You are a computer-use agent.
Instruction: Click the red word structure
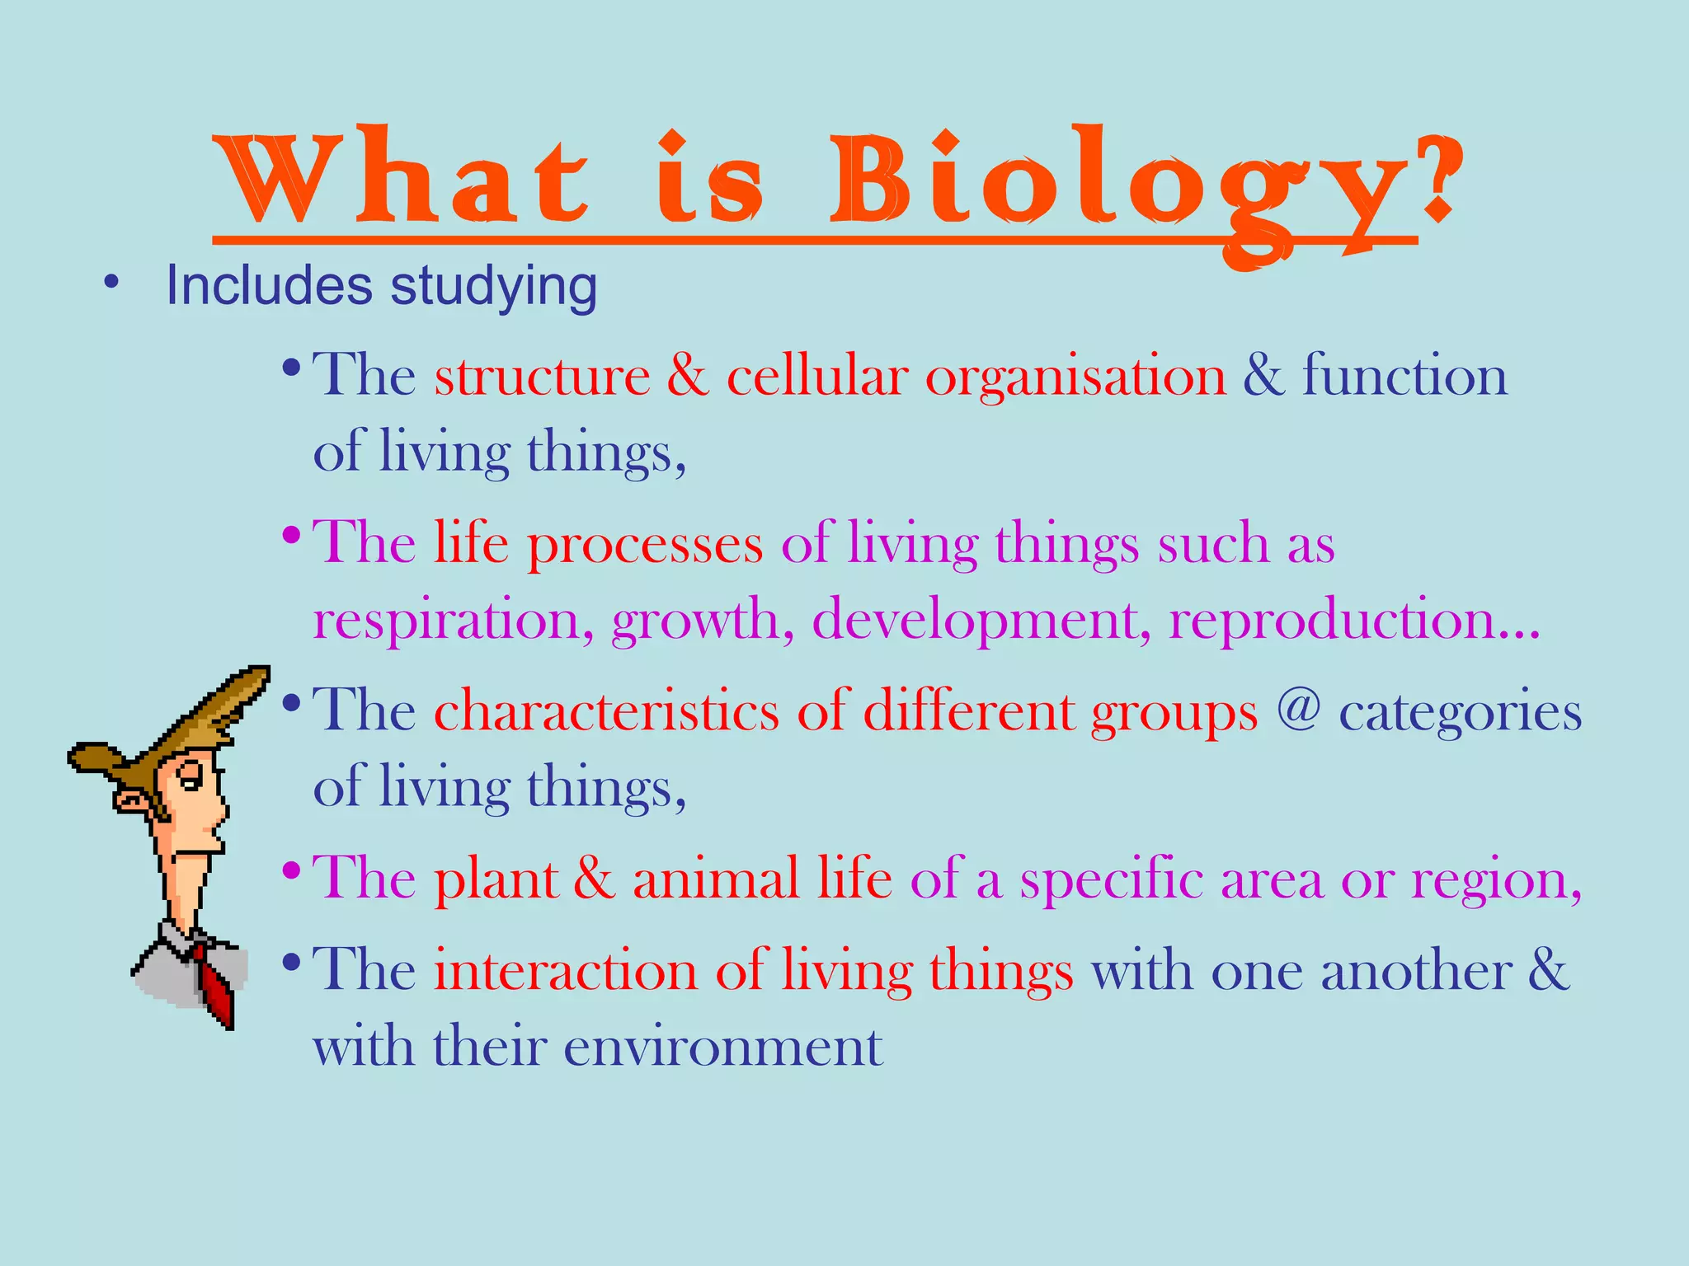pyautogui.click(x=542, y=377)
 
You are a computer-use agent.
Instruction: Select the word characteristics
pyautogui.click(x=606, y=710)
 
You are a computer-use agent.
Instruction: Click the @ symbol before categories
pyautogui.click(x=1298, y=707)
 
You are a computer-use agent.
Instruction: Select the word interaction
pyautogui.click(x=566, y=971)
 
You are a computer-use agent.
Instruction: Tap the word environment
pyautogui.click(x=724, y=1048)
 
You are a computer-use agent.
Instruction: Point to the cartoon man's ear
pyautogui.click(x=130, y=799)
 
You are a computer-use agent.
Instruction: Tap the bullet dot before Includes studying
pyautogui.click(x=112, y=283)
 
